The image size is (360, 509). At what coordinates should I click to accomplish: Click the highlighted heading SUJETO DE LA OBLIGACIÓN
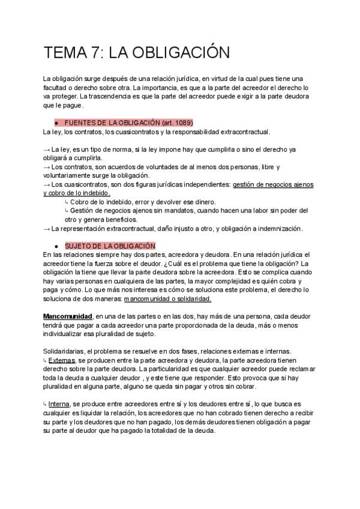click(x=110, y=246)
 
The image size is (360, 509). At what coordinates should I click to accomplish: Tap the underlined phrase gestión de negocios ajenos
click(x=273, y=184)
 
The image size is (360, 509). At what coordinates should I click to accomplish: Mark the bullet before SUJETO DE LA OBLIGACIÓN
click(x=56, y=246)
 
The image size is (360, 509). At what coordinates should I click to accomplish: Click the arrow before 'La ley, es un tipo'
click(x=47, y=149)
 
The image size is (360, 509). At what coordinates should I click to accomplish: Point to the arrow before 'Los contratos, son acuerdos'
click(x=47, y=166)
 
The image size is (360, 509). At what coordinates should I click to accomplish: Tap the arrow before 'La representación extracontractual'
click(x=47, y=228)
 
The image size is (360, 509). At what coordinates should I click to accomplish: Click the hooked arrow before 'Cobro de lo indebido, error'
click(x=66, y=202)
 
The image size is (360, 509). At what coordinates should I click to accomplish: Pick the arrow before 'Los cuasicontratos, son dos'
click(x=47, y=184)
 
